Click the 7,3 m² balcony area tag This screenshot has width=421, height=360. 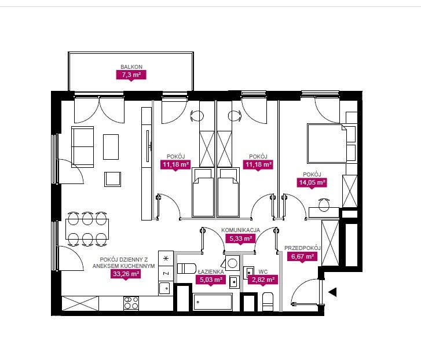point(131,75)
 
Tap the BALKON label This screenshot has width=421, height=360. point(131,67)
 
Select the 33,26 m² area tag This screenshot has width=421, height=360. point(126,274)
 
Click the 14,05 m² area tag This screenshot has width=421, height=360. point(312,183)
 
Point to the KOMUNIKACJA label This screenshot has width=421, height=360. point(240,230)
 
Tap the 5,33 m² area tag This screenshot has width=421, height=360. point(240,238)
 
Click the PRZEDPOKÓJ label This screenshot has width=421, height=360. point(303,248)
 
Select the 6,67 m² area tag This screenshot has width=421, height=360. point(303,256)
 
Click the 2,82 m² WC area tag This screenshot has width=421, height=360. point(263,280)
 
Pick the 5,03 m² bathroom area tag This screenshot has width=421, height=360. point(211,280)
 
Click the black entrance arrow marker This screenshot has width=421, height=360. point(333,292)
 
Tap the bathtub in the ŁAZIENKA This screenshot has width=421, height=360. point(213,302)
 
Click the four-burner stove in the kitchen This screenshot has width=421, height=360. point(131,303)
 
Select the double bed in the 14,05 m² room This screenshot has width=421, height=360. point(327,144)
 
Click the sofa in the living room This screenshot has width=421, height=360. point(82,147)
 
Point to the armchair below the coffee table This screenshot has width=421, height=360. point(112,179)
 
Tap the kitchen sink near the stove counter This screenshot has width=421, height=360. point(164,288)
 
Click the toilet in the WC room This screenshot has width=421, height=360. point(268,302)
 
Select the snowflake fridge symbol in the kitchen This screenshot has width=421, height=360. point(166,258)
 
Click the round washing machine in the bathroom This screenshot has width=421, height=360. point(232,263)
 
